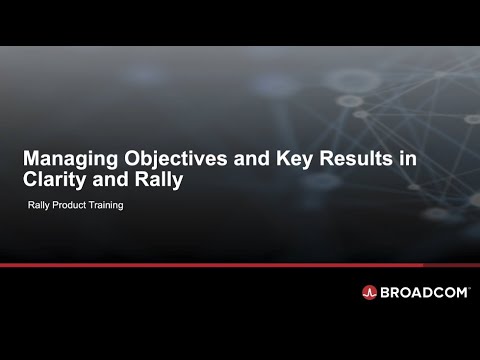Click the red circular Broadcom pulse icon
point(369,292)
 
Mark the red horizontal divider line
point(240,265)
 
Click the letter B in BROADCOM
point(386,292)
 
